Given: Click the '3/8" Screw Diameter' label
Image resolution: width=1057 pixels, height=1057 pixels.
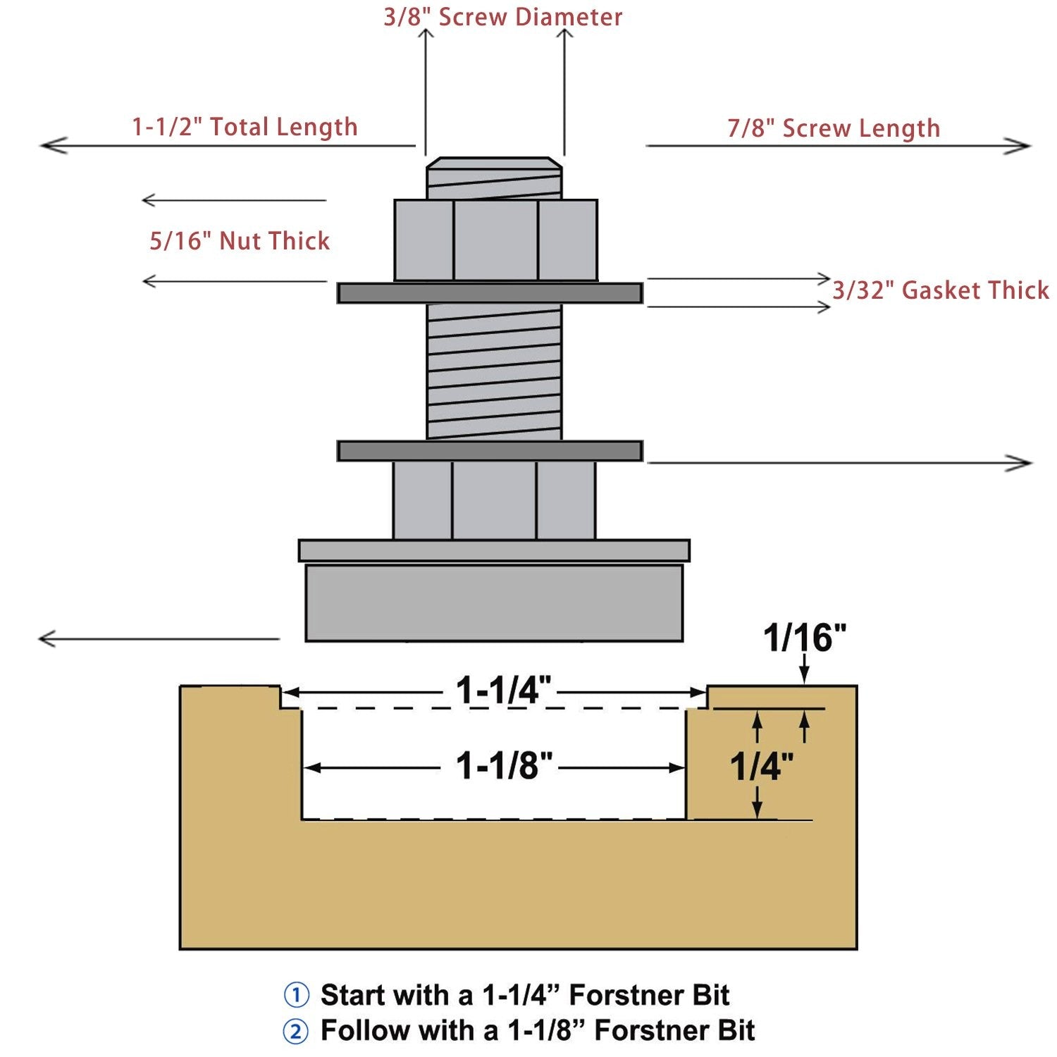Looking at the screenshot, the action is [502, 17].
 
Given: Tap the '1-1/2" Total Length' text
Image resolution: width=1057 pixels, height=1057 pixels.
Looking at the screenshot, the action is [245, 126].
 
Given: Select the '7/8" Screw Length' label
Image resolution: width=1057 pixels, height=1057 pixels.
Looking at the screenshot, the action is [834, 128].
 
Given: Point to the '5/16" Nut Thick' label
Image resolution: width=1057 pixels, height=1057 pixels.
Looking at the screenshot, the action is [240, 240].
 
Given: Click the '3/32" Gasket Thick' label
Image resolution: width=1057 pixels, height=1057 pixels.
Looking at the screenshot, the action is [941, 290].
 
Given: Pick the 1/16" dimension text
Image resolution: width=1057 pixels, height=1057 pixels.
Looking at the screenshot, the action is [805, 637].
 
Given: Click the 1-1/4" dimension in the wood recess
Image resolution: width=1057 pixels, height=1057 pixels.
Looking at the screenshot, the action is [503, 689].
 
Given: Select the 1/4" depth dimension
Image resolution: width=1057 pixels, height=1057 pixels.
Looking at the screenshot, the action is [762, 765].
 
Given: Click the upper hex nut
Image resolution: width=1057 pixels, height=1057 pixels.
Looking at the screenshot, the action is [496, 240].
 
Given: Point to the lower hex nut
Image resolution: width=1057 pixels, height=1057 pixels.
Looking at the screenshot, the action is [494, 500].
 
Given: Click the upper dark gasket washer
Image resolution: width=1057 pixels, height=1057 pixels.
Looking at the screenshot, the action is [490, 293].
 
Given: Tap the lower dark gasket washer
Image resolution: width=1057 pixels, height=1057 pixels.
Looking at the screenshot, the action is [490, 451].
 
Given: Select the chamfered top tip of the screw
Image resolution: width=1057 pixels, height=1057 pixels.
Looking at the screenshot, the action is [495, 163].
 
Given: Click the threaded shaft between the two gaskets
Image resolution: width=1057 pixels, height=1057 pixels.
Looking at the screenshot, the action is [495, 372].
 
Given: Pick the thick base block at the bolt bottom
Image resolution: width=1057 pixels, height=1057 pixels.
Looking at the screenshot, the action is [494, 603].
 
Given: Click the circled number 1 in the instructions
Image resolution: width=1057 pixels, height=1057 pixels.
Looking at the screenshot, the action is [296, 996].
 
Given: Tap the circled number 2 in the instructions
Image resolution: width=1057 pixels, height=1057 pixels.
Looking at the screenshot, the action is [296, 1032].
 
